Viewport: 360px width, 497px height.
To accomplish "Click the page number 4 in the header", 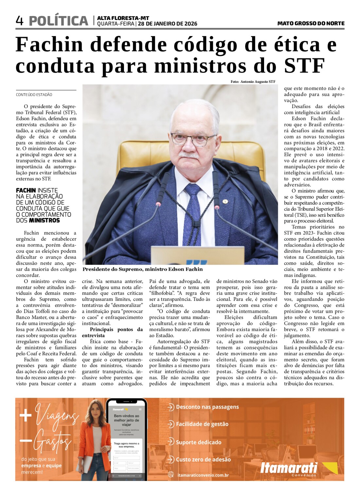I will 20,21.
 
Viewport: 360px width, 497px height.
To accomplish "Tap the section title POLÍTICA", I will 59,21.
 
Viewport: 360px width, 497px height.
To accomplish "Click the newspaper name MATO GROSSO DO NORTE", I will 311,23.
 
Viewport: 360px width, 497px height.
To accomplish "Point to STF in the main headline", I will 304,65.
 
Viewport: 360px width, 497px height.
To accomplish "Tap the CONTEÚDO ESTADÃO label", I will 34,95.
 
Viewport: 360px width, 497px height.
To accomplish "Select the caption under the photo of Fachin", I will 142,269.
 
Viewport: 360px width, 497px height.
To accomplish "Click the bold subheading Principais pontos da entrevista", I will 112,332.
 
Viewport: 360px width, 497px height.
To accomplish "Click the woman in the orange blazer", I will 94,439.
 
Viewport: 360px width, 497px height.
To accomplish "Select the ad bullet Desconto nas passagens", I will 207,407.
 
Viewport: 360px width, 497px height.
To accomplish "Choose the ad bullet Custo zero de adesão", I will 203,459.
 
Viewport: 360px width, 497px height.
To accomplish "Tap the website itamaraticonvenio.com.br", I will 203,475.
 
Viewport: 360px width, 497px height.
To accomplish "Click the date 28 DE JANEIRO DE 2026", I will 168,24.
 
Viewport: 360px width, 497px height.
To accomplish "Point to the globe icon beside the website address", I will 171,475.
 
